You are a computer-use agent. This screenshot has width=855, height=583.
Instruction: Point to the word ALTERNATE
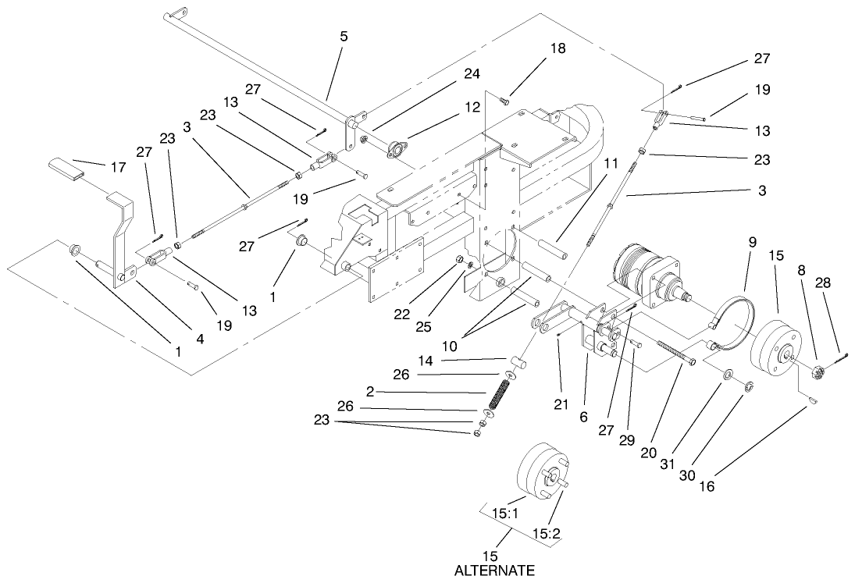pos(493,571)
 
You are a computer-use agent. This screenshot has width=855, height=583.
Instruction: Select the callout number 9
pos(752,243)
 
